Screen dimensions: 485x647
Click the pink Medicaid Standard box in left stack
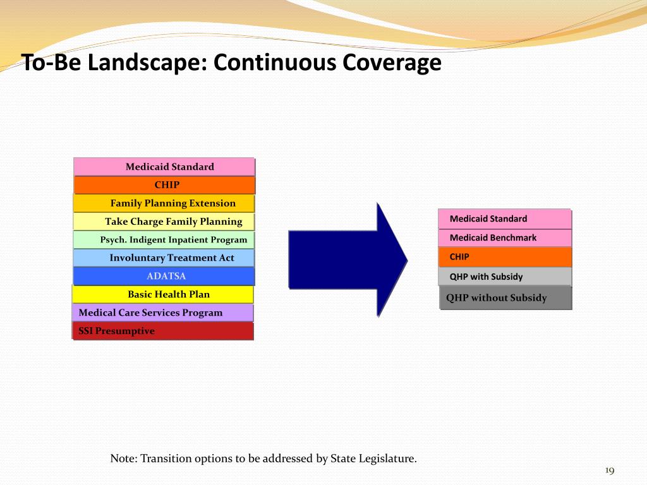164,167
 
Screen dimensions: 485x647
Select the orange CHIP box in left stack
165,185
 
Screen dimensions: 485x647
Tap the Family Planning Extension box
164,203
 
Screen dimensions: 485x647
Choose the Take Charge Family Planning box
164,222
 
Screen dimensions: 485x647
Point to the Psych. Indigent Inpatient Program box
164,240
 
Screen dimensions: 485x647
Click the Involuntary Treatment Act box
164,258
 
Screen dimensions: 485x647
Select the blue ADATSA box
164,276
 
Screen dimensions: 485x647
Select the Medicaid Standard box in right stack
505,219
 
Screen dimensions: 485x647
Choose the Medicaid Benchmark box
505,238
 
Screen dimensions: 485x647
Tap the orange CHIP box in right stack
505,257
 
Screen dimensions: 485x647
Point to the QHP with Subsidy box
505,277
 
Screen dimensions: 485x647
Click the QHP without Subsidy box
505,298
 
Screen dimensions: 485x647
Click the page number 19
610,470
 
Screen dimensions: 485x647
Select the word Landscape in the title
147,63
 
